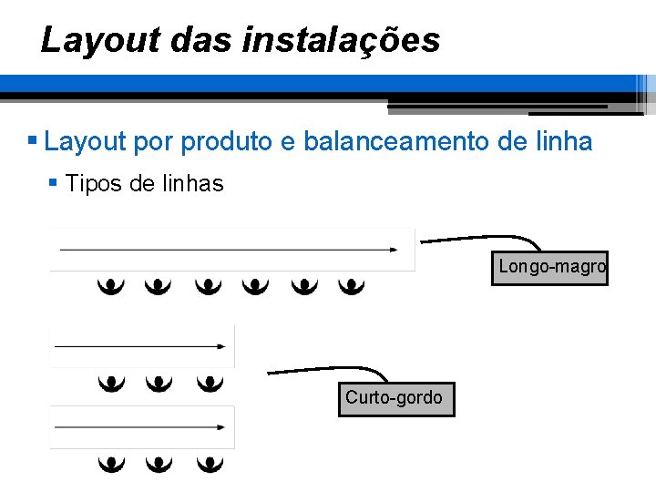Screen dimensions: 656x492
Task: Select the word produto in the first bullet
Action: [x=228, y=142]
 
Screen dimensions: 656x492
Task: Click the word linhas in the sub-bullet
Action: [x=192, y=183]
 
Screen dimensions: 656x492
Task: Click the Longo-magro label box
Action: [x=549, y=268]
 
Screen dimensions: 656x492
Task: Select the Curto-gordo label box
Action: [x=396, y=398]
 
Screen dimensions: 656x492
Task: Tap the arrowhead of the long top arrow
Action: [x=394, y=248]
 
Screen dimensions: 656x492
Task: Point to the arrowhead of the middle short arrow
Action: [x=221, y=345]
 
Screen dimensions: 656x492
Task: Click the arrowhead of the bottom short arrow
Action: [x=221, y=426]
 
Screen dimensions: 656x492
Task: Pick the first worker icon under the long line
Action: [x=111, y=287]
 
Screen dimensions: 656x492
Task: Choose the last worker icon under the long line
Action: [x=352, y=287]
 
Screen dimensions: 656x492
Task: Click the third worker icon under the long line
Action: [x=208, y=287]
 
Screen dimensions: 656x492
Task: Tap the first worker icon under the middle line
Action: [x=111, y=383]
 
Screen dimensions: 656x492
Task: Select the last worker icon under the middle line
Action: [x=210, y=383]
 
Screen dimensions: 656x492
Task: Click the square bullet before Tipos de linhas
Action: [x=53, y=183]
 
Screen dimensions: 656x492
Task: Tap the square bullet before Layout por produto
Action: [x=32, y=142]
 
